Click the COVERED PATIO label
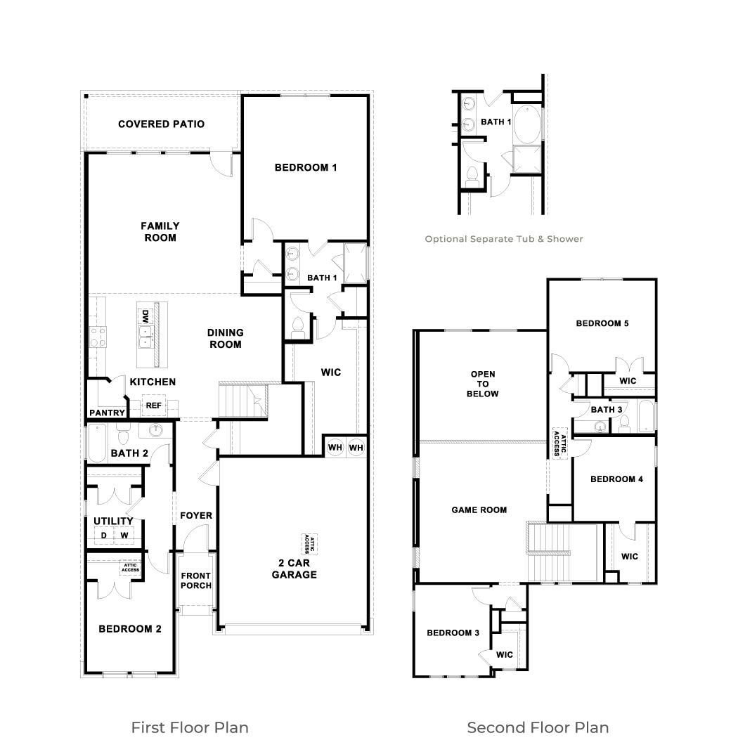point(161,124)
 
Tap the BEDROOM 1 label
point(306,167)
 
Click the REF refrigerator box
point(153,406)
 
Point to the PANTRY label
point(107,413)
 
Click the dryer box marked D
point(104,536)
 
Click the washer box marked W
point(124,536)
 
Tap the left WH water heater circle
point(335,448)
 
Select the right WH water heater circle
point(356,448)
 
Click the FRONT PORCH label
point(195,581)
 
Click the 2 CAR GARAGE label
point(294,569)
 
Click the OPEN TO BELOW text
point(483,384)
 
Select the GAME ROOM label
point(479,510)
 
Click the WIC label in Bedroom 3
point(505,654)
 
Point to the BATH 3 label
point(606,410)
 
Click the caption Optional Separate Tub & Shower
point(503,239)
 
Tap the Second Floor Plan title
point(538,727)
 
